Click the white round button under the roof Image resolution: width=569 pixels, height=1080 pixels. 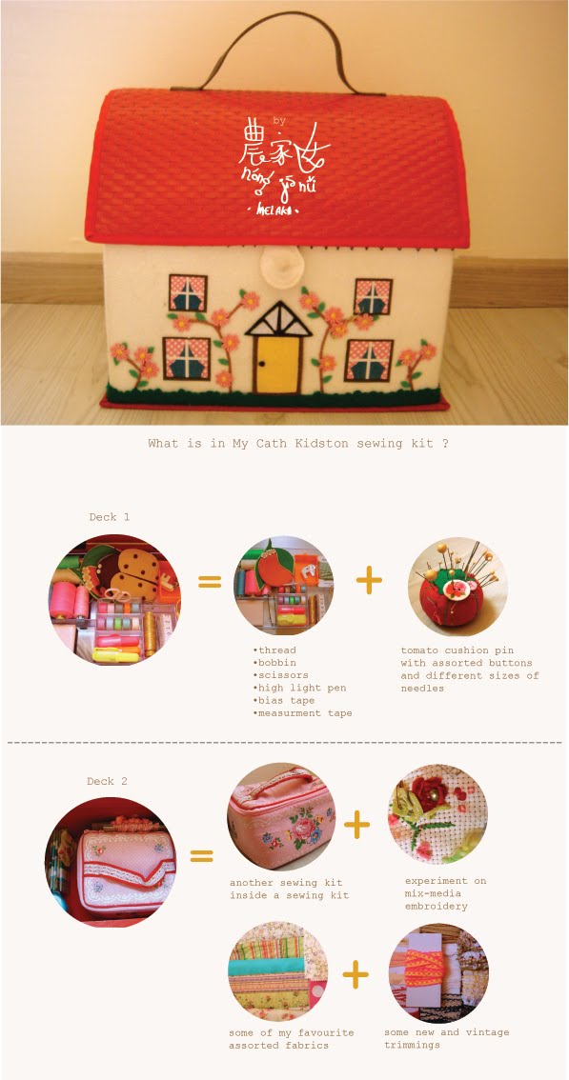(x=278, y=261)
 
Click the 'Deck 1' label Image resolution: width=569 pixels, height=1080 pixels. (x=109, y=516)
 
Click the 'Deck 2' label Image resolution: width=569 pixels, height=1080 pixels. (x=107, y=781)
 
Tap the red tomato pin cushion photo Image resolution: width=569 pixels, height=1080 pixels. (x=457, y=586)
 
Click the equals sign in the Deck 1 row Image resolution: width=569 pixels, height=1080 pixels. (x=210, y=582)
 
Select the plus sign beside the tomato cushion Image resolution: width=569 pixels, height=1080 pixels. (x=369, y=582)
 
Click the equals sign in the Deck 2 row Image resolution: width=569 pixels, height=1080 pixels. (x=201, y=855)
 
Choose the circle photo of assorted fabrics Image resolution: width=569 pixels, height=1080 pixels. (x=278, y=971)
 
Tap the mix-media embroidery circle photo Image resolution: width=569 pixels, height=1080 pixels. (x=438, y=814)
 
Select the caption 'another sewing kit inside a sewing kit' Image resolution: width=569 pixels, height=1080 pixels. (x=290, y=890)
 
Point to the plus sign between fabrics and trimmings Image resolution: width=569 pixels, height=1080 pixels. (x=356, y=974)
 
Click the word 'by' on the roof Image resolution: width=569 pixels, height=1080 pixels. (x=278, y=122)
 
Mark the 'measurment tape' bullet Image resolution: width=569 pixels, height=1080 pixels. (x=302, y=713)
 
